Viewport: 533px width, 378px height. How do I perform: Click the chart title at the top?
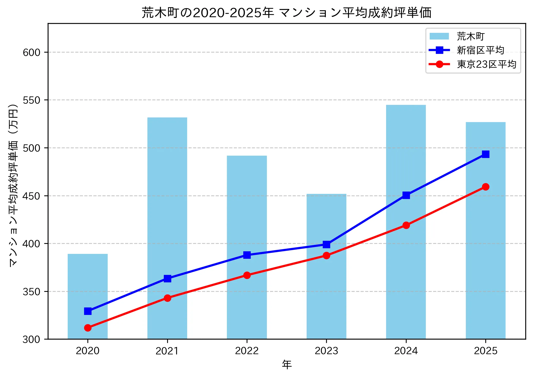287,13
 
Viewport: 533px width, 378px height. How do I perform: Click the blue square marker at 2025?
486,154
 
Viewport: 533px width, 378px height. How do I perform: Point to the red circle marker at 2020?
88,328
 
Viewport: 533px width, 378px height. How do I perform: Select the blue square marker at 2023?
326,244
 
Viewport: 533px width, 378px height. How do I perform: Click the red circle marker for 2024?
406,225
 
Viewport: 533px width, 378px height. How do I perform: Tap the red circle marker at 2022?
247,275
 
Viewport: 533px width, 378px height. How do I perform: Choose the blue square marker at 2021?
167,278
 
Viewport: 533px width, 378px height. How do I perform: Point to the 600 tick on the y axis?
32,52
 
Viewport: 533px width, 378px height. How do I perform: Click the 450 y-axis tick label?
32,196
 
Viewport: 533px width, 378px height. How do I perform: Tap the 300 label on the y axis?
32,339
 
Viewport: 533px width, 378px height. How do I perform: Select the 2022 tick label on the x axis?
247,351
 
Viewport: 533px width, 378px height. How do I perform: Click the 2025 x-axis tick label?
486,351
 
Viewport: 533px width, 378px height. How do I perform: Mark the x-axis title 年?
287,364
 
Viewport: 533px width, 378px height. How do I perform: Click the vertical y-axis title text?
13,185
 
